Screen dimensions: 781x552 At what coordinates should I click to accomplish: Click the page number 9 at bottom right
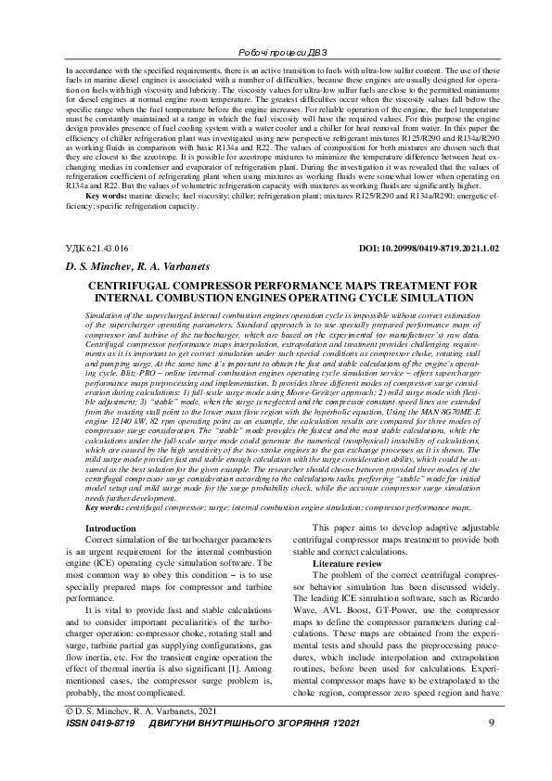point(490,748)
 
